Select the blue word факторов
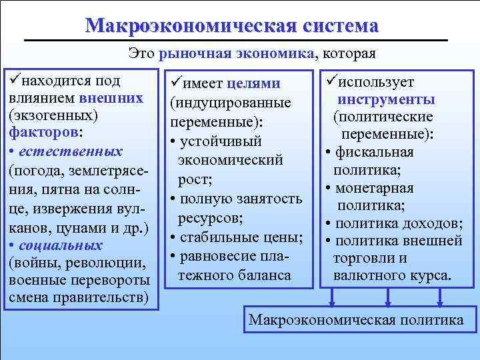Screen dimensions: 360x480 click(43, 132)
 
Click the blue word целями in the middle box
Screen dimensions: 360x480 click(253, 84)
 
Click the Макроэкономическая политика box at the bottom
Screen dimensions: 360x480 click(356, 320)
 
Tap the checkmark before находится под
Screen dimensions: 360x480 click(14, 81)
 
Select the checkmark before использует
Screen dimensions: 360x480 click(329, 82)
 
